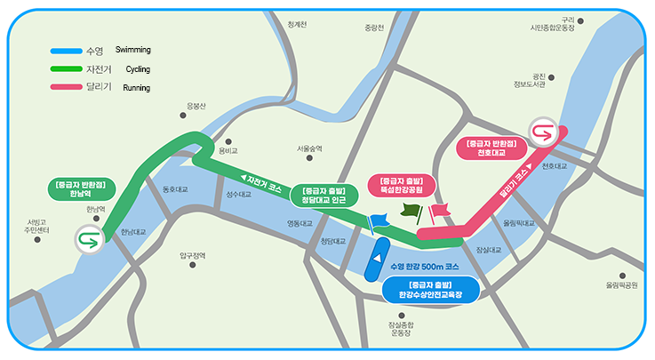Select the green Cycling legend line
(x=66, y=68)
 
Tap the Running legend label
(x=135, y=87)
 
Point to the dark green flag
(x=411, y=212)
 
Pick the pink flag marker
(x=440, y=211)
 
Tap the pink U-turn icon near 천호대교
(x=540, y=133)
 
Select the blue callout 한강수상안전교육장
(x=431, y=291)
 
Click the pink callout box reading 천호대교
(x=491, y=148)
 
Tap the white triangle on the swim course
(x=377, y=258)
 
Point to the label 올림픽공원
(x=622, y=285)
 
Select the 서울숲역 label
(x=309, y=148)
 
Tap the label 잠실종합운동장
(x=402, y=329)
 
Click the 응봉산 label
(x=196, y=106)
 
